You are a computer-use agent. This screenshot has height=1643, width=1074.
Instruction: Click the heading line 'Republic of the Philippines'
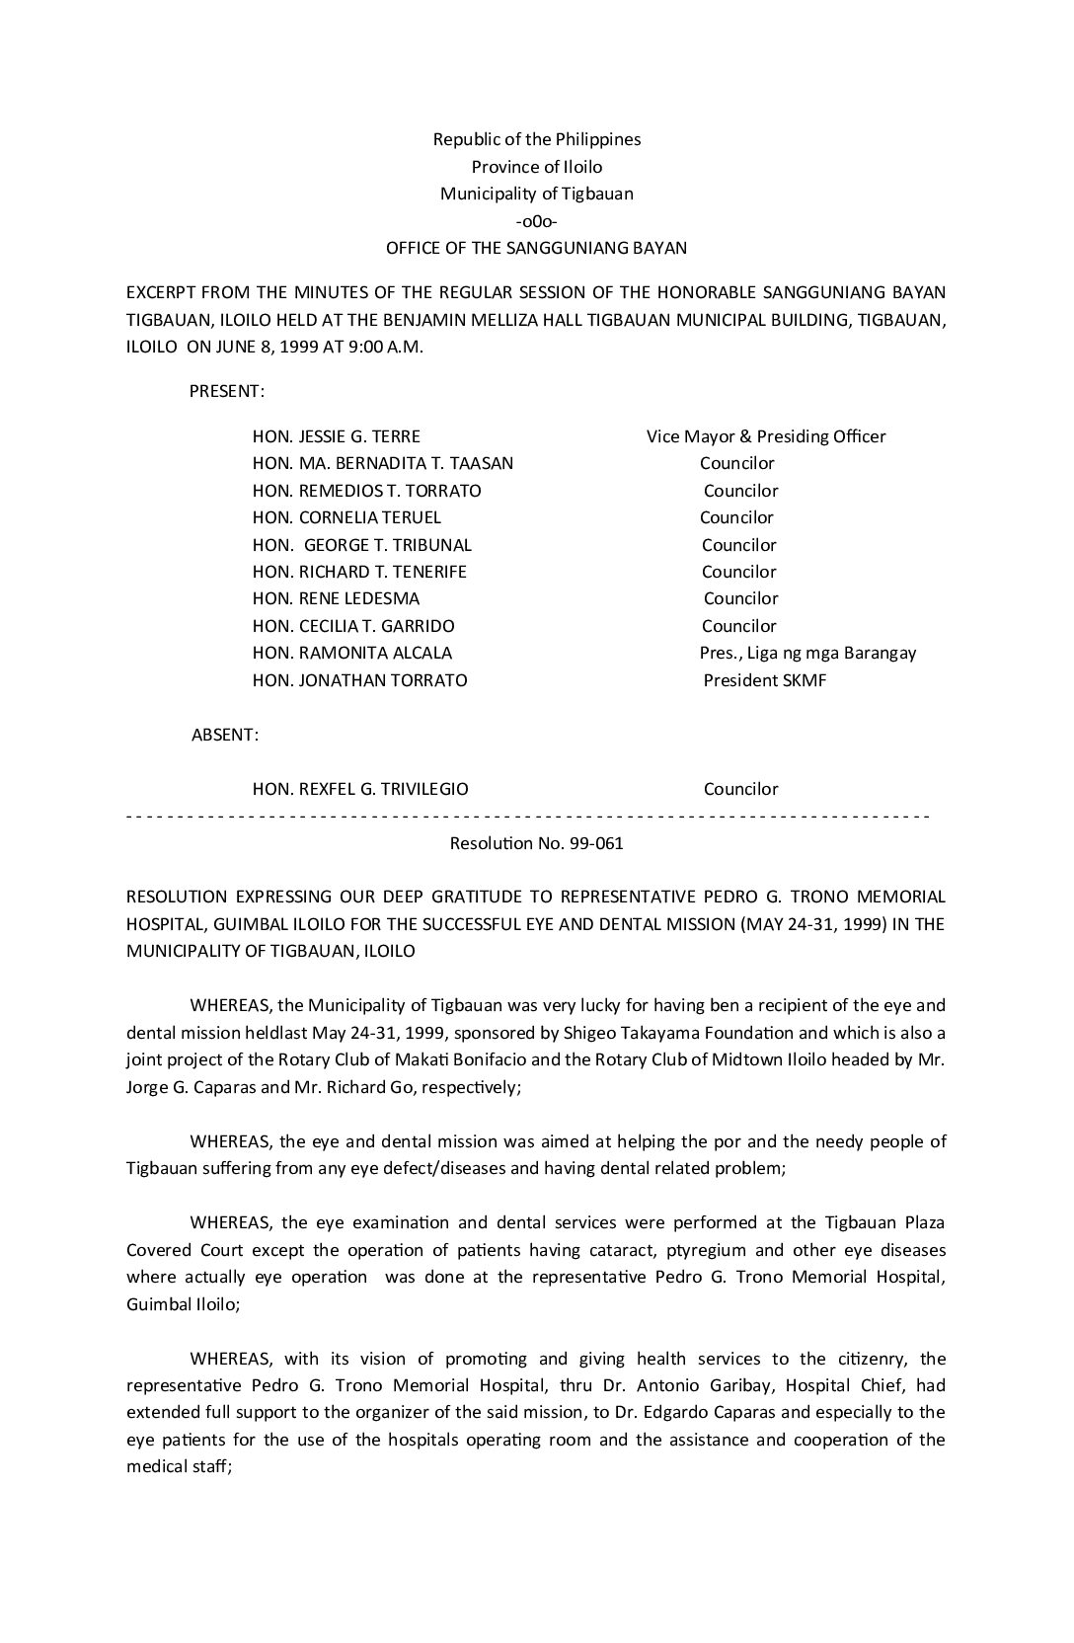click(536, 139)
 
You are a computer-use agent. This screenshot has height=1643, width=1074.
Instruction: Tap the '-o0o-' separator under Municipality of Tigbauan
click(536, 221)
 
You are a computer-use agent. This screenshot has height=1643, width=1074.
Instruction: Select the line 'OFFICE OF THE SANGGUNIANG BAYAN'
click(536, 248)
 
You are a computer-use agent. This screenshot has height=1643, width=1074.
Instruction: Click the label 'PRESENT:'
click(226, 391)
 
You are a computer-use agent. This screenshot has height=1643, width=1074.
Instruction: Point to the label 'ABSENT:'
click(225, 735)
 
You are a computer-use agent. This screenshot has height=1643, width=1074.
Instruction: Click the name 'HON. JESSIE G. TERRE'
click(337, 436)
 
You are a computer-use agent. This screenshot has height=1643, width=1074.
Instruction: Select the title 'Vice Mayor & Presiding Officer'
click(766, 436)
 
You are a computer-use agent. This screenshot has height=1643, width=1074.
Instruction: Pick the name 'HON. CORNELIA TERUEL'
click(346, 517)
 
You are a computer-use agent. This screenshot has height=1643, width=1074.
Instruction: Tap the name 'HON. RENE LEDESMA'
click(336, 598)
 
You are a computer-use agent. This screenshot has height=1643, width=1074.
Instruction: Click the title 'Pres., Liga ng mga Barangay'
click(807, 653)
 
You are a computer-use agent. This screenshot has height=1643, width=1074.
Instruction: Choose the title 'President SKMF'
click(765, 680)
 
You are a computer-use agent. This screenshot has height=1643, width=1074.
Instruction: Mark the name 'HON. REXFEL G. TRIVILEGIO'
click(360, 789)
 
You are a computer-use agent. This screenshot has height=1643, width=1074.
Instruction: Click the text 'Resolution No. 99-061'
click(536, 843)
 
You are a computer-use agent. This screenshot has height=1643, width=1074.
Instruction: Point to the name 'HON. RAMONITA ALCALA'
click(352, 653)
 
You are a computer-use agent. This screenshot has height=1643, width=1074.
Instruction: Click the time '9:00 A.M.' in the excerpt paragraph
click(388, 348)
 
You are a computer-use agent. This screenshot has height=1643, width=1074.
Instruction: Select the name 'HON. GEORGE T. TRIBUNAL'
click(362, 545)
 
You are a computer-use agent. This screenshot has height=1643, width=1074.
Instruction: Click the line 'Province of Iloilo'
click(536, 167)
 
